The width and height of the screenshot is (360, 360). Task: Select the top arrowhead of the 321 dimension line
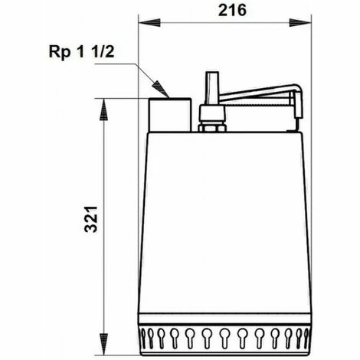pos(104,103)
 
